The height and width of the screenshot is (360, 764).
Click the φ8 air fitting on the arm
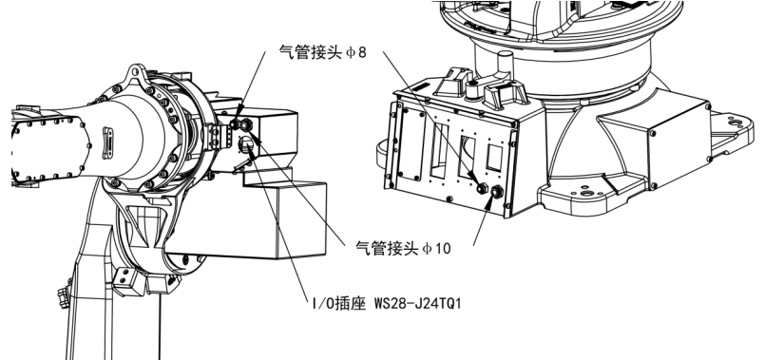pos(245,124)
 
